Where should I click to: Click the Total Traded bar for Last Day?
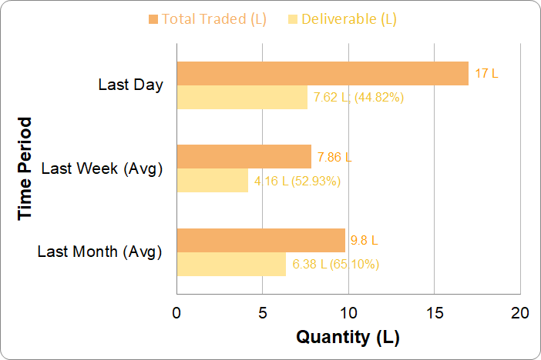pos(322,73)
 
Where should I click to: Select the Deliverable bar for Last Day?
pos(242,97)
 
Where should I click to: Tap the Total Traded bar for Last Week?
pos(244,157)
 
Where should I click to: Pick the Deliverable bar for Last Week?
pos(213,181)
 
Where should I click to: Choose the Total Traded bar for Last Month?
pos(260,241)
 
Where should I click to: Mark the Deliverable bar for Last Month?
pos(231,264)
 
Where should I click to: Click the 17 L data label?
pos(486,74)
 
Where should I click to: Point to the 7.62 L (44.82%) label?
pos(359,97)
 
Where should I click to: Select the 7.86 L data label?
pos(334,158)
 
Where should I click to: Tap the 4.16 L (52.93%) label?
pos(297,182)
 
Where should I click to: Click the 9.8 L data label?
pos(364,241)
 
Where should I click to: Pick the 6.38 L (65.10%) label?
pos(335,265)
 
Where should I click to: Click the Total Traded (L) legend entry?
pos(207,19)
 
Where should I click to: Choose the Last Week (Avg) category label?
pos(102,168)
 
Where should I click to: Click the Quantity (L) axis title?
pos(348,337)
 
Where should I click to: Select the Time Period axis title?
pos(26,168)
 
